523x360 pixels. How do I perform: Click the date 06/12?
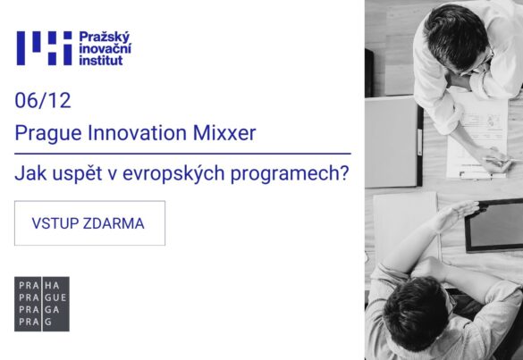tap(43, 100)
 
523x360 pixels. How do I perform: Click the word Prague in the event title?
tap(48, 133)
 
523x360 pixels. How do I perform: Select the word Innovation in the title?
tap(137, 132)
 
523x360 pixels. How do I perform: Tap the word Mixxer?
tap(224, 132)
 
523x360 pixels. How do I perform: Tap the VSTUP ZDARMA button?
tap(89, 223)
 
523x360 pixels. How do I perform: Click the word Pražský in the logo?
tap(104, 38)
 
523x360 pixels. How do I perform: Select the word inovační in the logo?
tap(105, 48)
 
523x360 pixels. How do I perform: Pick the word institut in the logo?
tap(101, 60)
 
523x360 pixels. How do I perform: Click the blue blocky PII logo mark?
tap(45, 48)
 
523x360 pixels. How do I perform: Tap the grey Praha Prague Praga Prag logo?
tap(42, 304)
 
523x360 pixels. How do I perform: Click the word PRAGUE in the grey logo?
tap(43, 297)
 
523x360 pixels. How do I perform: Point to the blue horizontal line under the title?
tap(182, 154)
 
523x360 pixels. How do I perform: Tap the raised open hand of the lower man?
tap(460, 212)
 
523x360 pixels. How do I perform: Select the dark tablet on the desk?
tap(494, 225)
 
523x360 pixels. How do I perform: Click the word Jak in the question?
tap(30, 173)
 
